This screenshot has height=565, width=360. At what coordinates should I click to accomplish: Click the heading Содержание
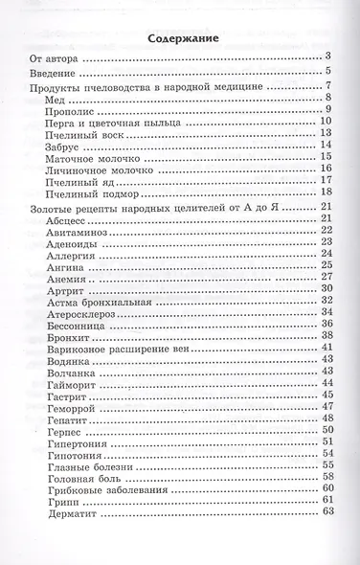coord(179,38)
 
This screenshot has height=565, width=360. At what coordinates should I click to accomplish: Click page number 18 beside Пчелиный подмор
coord(326,192)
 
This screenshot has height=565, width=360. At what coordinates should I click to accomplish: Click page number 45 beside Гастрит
coord(326,394)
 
